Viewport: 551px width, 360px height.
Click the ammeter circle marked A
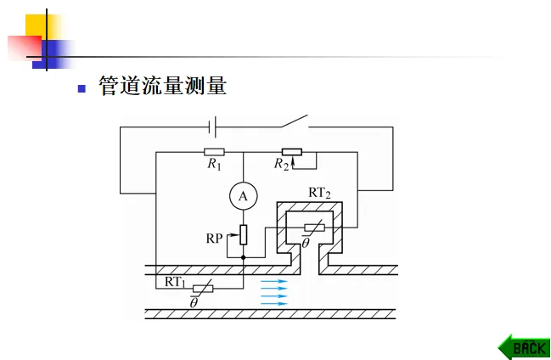[x=243, y=197]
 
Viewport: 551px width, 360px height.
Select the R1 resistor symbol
[x=215, y=153]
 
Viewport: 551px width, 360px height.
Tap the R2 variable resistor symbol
[x=291, y=153]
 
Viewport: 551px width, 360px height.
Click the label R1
[x=214, y=165]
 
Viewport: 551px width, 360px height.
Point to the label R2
[x=282, y=165]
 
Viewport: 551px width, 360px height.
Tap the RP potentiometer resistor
[x=244, y=233]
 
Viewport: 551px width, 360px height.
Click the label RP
[x=215, y=238]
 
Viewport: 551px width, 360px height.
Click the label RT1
[x=175, y=280]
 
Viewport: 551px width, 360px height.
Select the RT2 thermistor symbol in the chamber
[x=312, y=228]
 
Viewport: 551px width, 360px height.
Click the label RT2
[x=319, y=193]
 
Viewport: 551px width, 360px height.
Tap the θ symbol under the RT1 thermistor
[x=194, y=301]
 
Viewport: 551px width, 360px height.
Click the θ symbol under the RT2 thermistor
[x=306, y=243]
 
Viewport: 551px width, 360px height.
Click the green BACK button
[x=525, y=346]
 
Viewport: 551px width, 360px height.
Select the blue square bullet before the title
[x=82, y=87]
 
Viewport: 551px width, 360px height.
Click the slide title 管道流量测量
[x=162, y=87]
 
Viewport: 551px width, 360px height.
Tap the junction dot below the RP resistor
[x=244, y=256]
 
